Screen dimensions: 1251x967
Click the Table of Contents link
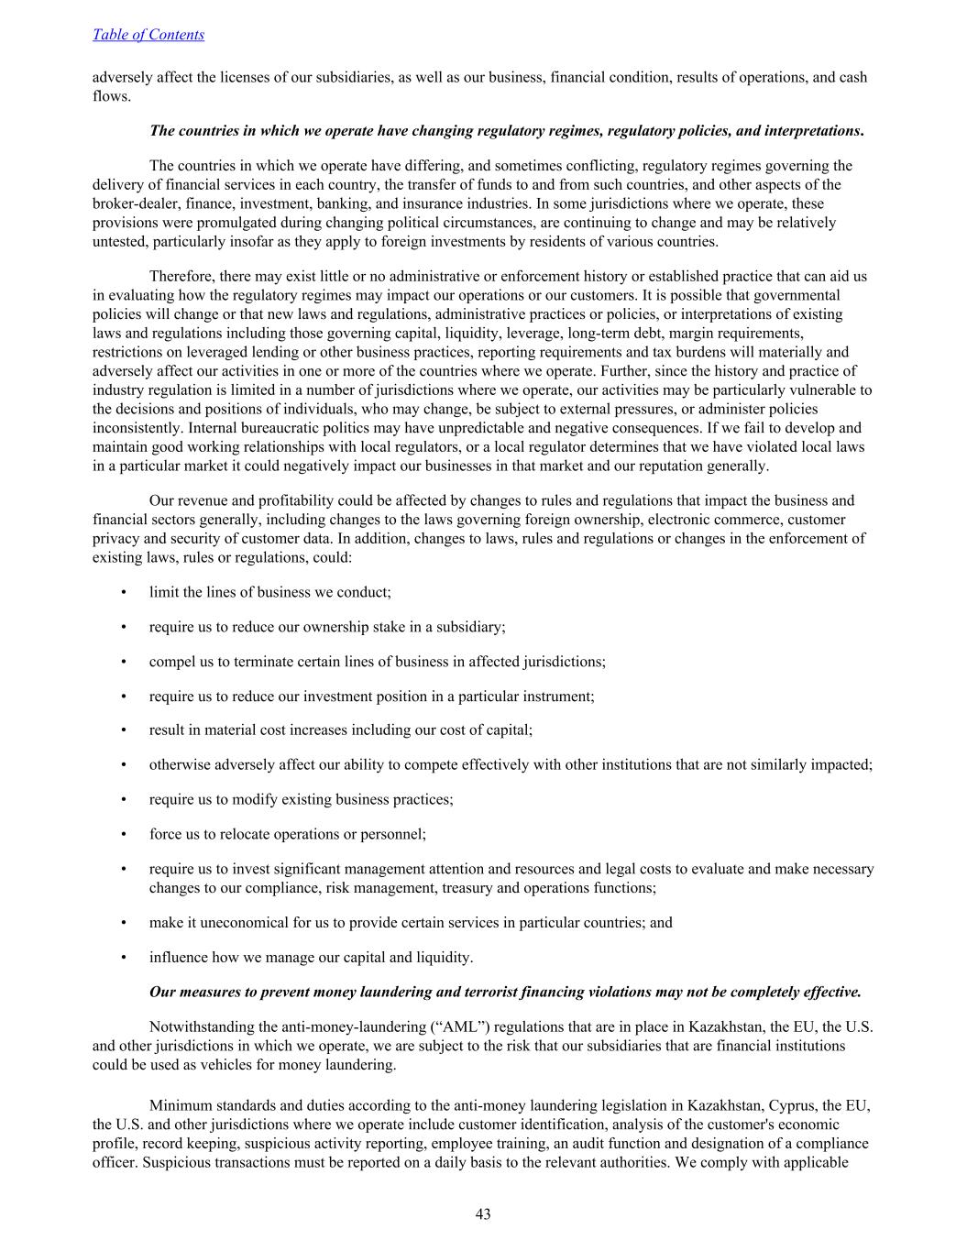[148, 35]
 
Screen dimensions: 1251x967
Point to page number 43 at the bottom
[483, 1214]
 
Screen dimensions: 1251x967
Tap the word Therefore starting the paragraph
[181, 276]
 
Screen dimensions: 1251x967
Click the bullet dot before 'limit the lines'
[124, 592]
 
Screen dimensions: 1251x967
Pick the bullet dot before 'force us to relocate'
[124, 834]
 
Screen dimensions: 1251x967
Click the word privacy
[115, 538]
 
